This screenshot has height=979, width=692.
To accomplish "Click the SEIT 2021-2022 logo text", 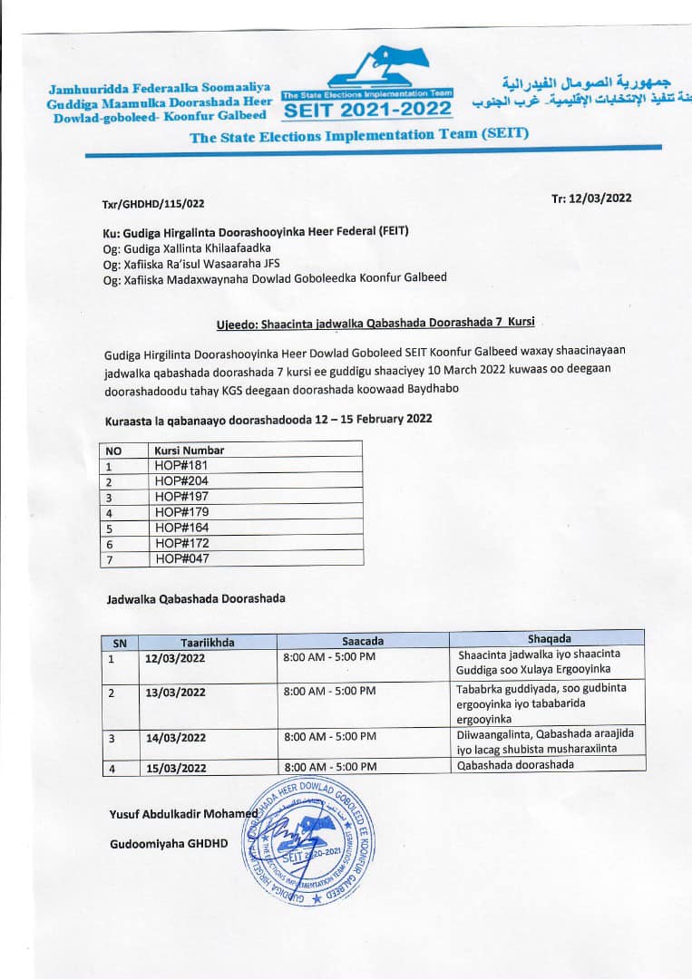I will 367,110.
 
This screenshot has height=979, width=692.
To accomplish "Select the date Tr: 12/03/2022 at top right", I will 590,199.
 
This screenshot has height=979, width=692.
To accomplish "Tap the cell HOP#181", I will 181,465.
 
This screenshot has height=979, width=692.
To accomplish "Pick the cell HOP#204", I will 181,480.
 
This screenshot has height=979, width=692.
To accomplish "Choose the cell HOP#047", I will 181,558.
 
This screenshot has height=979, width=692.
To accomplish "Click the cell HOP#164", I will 181,528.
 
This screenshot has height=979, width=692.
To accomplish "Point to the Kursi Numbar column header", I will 189,450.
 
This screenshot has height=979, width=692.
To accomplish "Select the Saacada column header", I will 362,640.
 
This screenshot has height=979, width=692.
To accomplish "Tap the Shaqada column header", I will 549,638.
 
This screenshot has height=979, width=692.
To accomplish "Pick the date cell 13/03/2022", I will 175,693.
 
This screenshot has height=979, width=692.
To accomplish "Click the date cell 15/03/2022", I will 175,768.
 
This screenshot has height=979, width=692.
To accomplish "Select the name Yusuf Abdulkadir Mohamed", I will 182,813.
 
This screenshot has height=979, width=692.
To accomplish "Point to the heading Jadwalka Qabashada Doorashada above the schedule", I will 195,598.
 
